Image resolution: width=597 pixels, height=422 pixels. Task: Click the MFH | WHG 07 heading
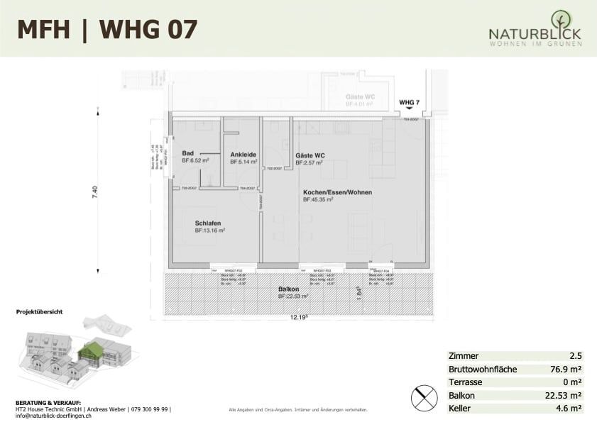107,29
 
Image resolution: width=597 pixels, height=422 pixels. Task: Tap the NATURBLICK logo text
535,33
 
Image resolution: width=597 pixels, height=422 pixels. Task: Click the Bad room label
187,153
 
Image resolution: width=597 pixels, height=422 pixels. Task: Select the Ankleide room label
243,155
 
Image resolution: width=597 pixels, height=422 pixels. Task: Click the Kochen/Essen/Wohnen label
337,192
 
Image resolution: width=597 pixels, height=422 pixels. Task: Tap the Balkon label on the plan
288,289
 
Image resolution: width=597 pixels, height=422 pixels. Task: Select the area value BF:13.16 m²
210,231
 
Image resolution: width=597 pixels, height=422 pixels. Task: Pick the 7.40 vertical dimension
95,193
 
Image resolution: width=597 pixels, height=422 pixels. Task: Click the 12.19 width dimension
296,318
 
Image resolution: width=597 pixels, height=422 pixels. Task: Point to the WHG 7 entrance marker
410,103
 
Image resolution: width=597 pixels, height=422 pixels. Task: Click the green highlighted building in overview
90,350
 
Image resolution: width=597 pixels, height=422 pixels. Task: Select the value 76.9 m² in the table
566,369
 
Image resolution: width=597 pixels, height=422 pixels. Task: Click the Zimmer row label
464,356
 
